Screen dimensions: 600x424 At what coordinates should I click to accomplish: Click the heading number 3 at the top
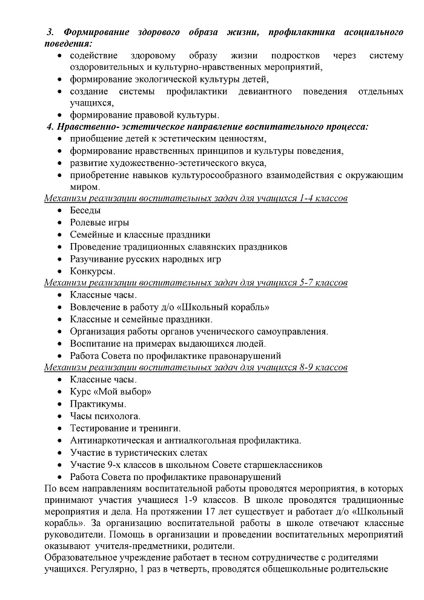pyautogui.click(x=51, y=32)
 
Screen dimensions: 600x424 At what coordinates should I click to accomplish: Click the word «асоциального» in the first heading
pyautogui.click(x=372, y=32)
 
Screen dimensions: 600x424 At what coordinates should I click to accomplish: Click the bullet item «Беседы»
pyautogui.click(x=85, y=211)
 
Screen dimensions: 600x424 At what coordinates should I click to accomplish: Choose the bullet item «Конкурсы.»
pyautogui.click(x=93, y=271)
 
